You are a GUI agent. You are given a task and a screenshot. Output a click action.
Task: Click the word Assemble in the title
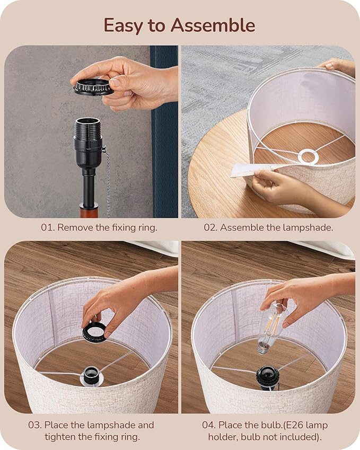pos(213,25)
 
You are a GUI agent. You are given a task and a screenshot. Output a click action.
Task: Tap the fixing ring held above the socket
pos(93,87)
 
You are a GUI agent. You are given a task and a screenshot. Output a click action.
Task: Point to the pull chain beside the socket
pos(107,181)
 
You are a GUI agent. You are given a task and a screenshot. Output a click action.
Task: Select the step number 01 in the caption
pos(48,227)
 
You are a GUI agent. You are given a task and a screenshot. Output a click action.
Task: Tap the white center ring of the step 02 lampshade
pos(308,156)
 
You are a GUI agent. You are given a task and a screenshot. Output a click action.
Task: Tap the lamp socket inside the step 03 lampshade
pos(91,375)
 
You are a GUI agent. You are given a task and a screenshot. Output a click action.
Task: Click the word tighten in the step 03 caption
pos(60,437)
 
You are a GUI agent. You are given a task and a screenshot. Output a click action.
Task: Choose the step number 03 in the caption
pos(35,425)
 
